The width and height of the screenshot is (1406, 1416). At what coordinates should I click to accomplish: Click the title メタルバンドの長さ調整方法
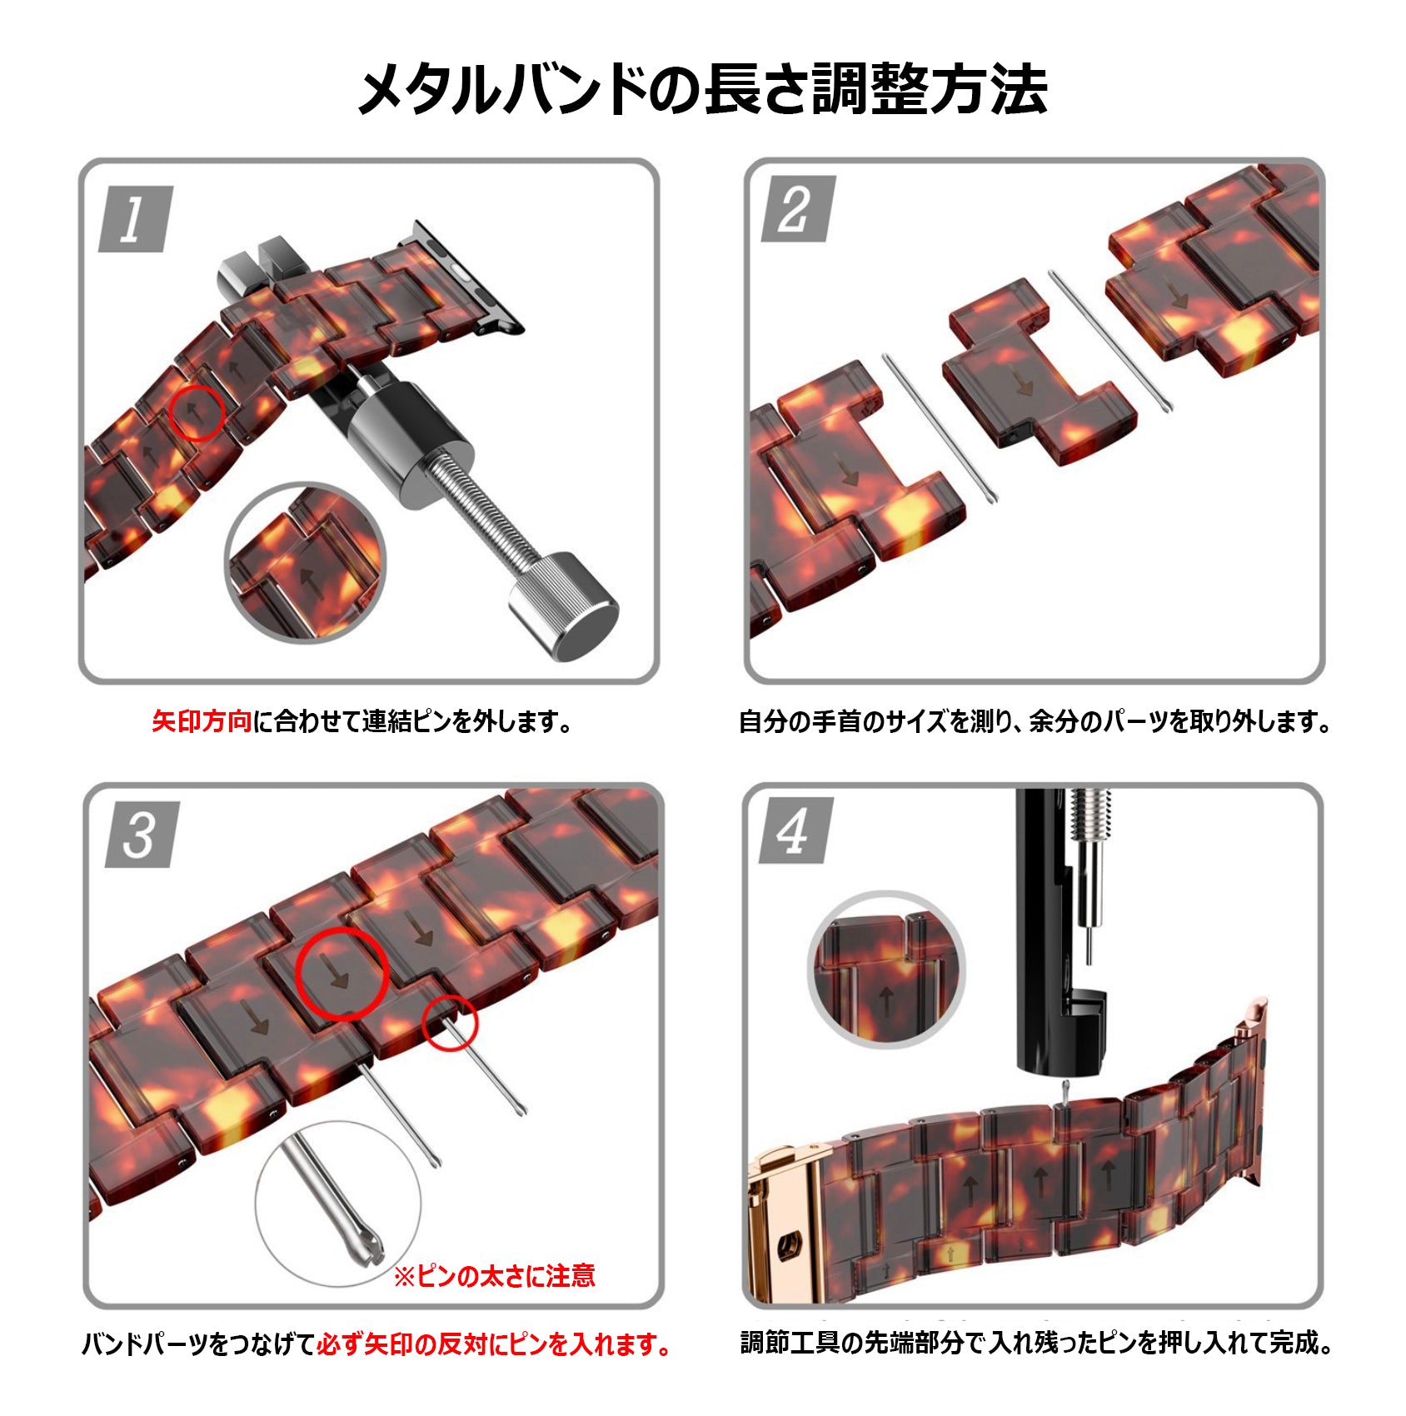[702, 88]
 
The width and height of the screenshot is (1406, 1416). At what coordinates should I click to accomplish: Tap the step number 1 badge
[135, 219]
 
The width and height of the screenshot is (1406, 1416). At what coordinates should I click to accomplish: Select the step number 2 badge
[797, 209]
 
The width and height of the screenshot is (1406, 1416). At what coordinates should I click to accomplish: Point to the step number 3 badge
[142, 835]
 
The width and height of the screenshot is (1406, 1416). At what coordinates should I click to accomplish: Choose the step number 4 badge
[795, 831]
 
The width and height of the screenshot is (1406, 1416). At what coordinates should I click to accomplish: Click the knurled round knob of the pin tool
[563, 606]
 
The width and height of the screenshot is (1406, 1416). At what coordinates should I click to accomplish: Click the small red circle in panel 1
[197, 412]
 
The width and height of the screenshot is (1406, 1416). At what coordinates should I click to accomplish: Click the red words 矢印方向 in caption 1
[202, 721]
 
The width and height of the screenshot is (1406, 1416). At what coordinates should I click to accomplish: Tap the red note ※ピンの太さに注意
[494, 1276]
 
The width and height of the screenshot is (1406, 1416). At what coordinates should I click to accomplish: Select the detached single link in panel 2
[1037, 375]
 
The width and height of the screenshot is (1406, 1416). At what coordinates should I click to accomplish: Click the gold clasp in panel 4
[783, 1224]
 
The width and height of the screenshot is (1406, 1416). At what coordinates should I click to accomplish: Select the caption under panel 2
[1035, 721]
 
